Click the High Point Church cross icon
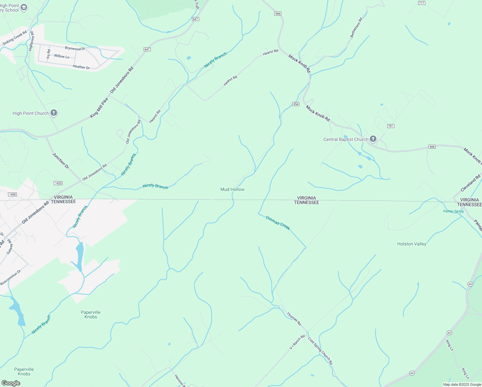click(54, 113)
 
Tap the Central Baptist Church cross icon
click(373, 139)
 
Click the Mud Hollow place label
click(232, 189)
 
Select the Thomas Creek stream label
click(278, 223)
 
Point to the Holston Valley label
click(411, 244)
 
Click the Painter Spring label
click(453, 211)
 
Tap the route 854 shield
click(296, 104)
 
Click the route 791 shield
click(390, 126)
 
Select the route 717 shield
click(422, 3)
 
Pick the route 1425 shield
click(58, 183)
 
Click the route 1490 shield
click(12, 194)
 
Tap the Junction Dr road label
click(61, 161)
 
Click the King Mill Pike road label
click(99, 108)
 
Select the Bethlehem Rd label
click(356, 27)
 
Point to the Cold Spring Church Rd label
click(320, 351)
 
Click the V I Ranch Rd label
click(297, 342)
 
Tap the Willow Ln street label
click(62, 56)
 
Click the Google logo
click(11, 383)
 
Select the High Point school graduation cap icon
click(24, 7)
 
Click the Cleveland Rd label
click(470, 183)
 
